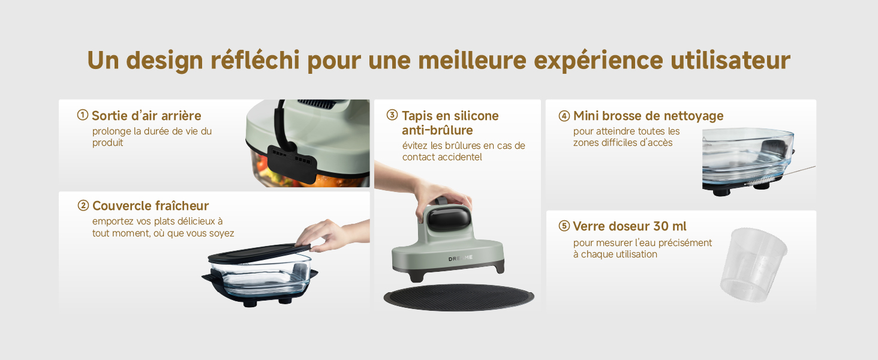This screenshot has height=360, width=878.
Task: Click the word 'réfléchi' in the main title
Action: (x=255, y=60)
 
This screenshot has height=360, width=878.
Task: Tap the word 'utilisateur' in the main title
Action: (x=730, y=60)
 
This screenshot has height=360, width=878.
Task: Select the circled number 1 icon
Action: (x=82, y=115)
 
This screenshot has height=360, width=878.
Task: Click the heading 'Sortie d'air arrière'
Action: (x=146, y=116)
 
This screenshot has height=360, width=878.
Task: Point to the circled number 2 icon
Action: (x=83, y=205)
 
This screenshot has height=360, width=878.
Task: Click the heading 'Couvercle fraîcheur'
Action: (x=151, y=205)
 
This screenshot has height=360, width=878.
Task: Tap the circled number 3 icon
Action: (x=392, y=115)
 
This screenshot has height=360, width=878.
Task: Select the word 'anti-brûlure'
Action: (x=437, y=130)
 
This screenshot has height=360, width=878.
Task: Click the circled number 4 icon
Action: (x=564, y=116)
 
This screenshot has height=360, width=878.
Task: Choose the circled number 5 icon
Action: (x=564, y=226)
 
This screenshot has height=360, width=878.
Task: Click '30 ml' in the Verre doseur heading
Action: (x=669, y=226)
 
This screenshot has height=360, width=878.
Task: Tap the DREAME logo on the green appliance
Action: (x=461, y=258)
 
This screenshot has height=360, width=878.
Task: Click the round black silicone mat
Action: (x=459, y=297)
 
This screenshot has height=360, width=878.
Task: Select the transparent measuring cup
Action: (x=753, y=265)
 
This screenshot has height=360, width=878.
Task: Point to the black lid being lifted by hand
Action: (x=260, y=254)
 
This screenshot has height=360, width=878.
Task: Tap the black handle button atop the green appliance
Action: (x=449, y=218)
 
